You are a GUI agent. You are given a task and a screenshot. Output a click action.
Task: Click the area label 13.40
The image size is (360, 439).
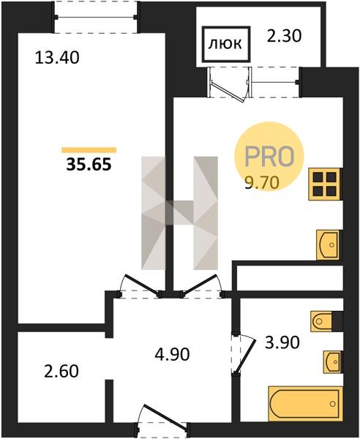pyautogui.click(x=57, y=58)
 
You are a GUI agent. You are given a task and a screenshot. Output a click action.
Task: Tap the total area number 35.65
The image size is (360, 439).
pyautogui.click(x=89, y=165)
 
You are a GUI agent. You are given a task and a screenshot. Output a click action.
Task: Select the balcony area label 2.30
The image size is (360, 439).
pyautogui.click(x=284, y=36)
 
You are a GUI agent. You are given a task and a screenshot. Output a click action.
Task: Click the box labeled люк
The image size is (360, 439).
pyautogui.click(x=225, y=44)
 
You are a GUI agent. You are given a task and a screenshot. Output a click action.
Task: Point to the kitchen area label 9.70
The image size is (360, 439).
pyautogui.click(x=262, y=183)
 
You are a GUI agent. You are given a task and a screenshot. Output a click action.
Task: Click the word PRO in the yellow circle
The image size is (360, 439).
pyautogui.click(x=269, y=157)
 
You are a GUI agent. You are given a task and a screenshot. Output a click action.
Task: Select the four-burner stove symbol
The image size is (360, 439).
pyautogui.click(x=326, y=184)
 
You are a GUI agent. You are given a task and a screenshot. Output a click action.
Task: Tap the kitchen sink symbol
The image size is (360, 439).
pyautogui.click(x=329, y=244)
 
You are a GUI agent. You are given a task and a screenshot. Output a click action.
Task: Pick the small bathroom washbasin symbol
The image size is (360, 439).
pyautogui.click(x=333, y=361)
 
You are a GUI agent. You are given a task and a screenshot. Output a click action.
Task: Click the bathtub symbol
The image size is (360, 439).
pyautogui.click(x=305, y=404)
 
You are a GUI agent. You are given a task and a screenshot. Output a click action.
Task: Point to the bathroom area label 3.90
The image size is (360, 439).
pyautogui.click(x=282, y=342)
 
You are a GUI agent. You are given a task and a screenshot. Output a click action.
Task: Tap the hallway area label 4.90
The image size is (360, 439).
pyautogui.click(x=172, y=354)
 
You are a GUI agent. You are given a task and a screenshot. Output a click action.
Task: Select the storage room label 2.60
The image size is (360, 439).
pyautogui.click(x=61, y=372)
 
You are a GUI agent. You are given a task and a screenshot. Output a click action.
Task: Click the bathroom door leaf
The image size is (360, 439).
pyautogui.click(x=244, y=356)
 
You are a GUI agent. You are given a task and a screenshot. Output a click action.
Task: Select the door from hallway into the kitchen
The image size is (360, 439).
pyautogui.click(x=200, y=285)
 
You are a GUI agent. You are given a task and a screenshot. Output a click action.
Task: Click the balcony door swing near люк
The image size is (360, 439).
pyautogui.click(x=228, y=91)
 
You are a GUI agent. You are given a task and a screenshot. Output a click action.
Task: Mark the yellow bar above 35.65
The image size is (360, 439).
pyautogui.click(x=89, y=150)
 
